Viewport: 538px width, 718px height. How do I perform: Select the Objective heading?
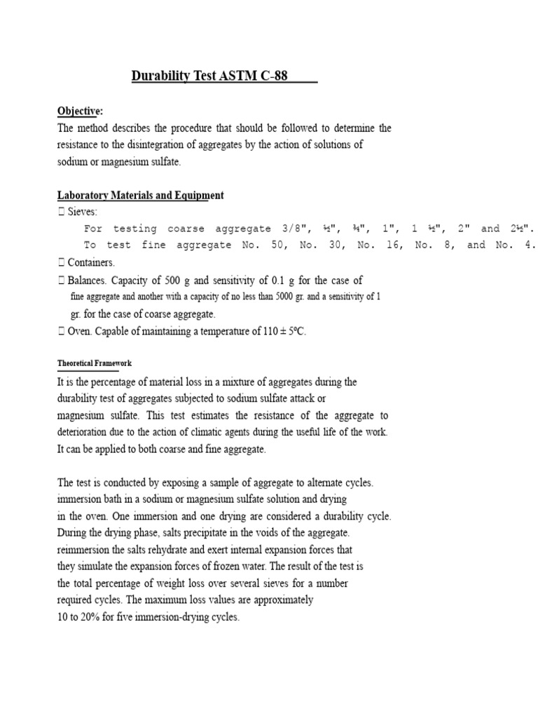click(80, 111)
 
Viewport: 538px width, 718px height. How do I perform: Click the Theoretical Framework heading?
click(94, 363)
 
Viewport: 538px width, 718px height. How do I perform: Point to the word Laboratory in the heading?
click(83, 195)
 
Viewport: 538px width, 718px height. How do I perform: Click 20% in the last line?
click(92, 618)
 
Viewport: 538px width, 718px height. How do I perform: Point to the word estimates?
click(184, 415)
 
